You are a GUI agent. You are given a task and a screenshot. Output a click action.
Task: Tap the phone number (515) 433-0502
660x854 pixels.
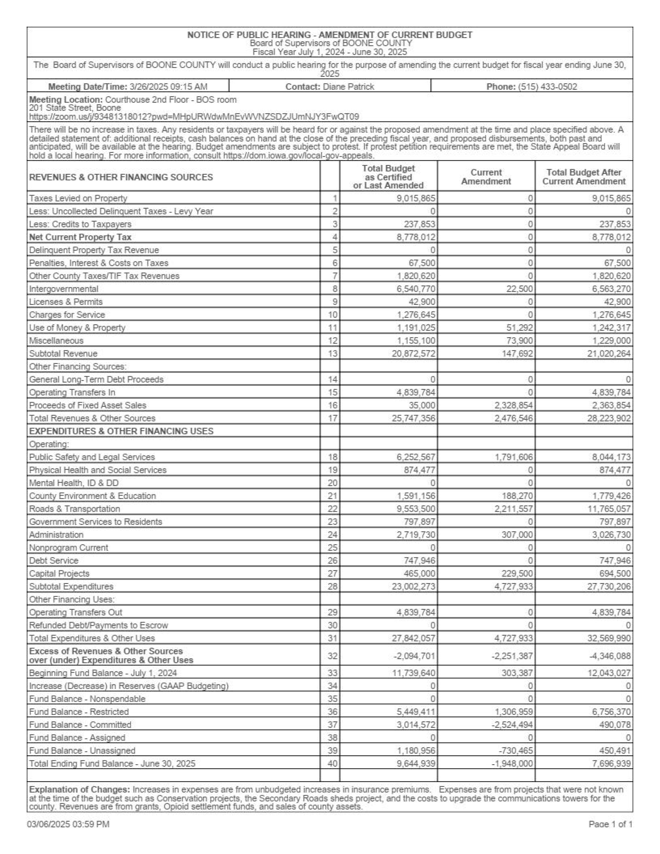(x=547, y=87)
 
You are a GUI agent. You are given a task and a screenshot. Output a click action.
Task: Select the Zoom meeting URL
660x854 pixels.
(x=194, y=116)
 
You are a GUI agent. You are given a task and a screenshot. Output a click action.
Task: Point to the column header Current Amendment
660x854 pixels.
(x=486, y=177)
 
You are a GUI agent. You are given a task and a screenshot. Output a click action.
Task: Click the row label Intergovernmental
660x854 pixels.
(x=64, y=289)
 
